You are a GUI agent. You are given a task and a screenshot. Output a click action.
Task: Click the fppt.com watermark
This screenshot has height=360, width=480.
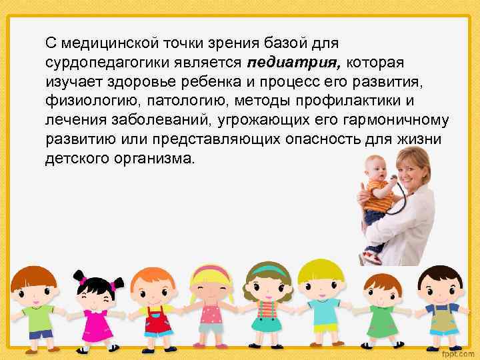click(460, 351)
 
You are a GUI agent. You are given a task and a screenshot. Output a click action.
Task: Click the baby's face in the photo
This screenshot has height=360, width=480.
click(373, 167)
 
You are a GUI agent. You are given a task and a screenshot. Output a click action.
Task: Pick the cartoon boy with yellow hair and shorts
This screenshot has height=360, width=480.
click(321, 303)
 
